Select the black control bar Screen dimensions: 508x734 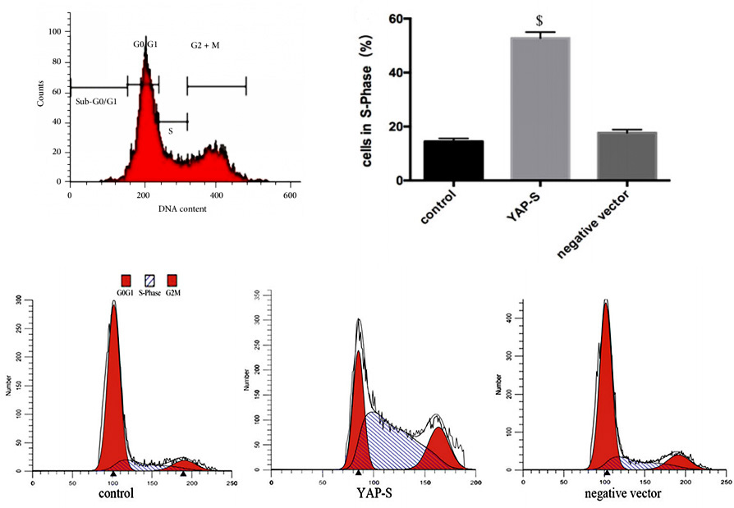[453, 161]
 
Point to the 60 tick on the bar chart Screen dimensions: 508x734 [394, 19]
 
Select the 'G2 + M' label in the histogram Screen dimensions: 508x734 [217, 45]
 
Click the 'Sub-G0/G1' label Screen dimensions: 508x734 [99, 103]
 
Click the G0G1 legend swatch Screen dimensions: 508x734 [126, 282]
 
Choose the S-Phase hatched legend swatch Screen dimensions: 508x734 [149, 282]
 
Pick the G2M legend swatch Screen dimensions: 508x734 [172, 282]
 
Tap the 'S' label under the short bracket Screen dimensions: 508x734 [171, 130]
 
